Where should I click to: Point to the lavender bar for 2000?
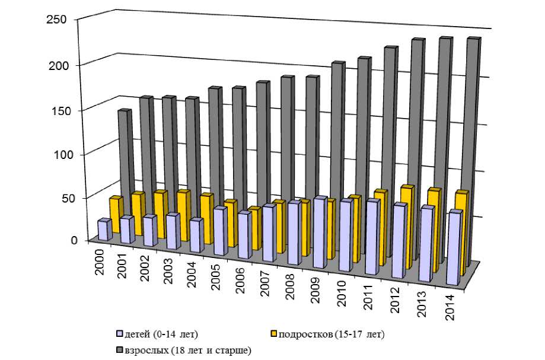coord(104,230)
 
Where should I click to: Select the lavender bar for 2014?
coord(455,249)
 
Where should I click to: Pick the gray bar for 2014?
coord(473,148)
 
